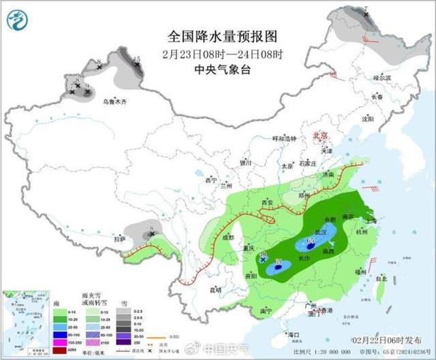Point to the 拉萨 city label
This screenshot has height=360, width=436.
pyautogui.click(x=120, y=239)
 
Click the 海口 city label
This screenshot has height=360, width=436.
pyautogui.click(x=294, y=335)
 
